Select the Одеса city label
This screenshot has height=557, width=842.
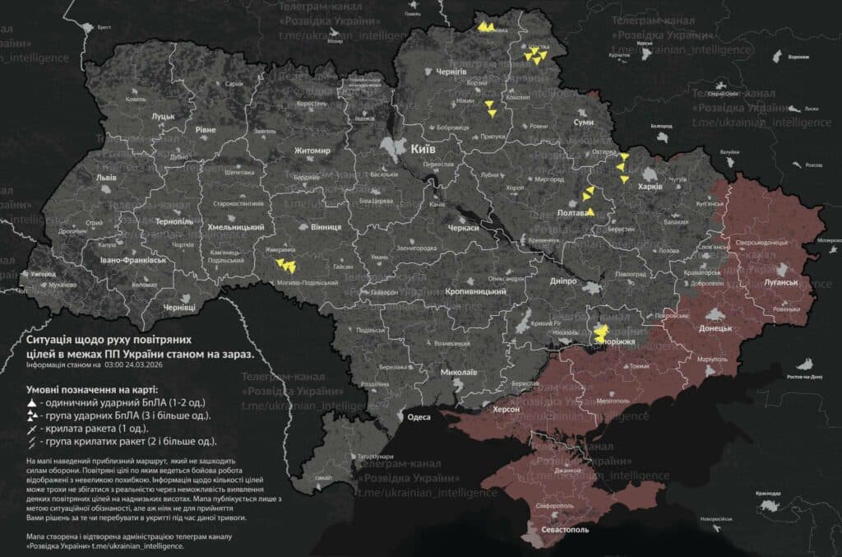tap(419, 417)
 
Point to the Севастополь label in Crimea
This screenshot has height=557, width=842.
tap(566, 530)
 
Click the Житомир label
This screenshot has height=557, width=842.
tap(313, 151)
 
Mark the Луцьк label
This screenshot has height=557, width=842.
tap(164, 117)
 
